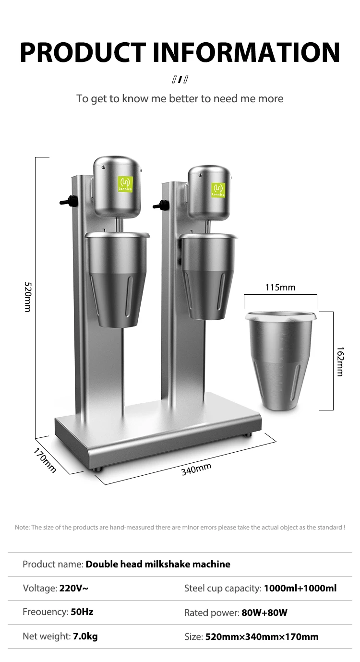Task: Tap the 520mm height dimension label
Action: [x=27, y=297]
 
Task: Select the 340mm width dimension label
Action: [x=196, y=469]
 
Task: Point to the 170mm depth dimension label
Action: [x=45, y=460]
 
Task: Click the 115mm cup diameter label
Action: [x=280, y=288]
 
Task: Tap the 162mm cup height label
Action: [x=340, y=361]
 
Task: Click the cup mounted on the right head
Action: [x=209, y=276]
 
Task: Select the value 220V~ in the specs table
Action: [x=73, y=588]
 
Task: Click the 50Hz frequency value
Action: [x=82, y=612]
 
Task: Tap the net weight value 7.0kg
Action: [x=85, y=637]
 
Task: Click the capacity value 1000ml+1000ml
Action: [x=300, y=588]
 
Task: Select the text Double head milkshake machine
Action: [x=158, y=564]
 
